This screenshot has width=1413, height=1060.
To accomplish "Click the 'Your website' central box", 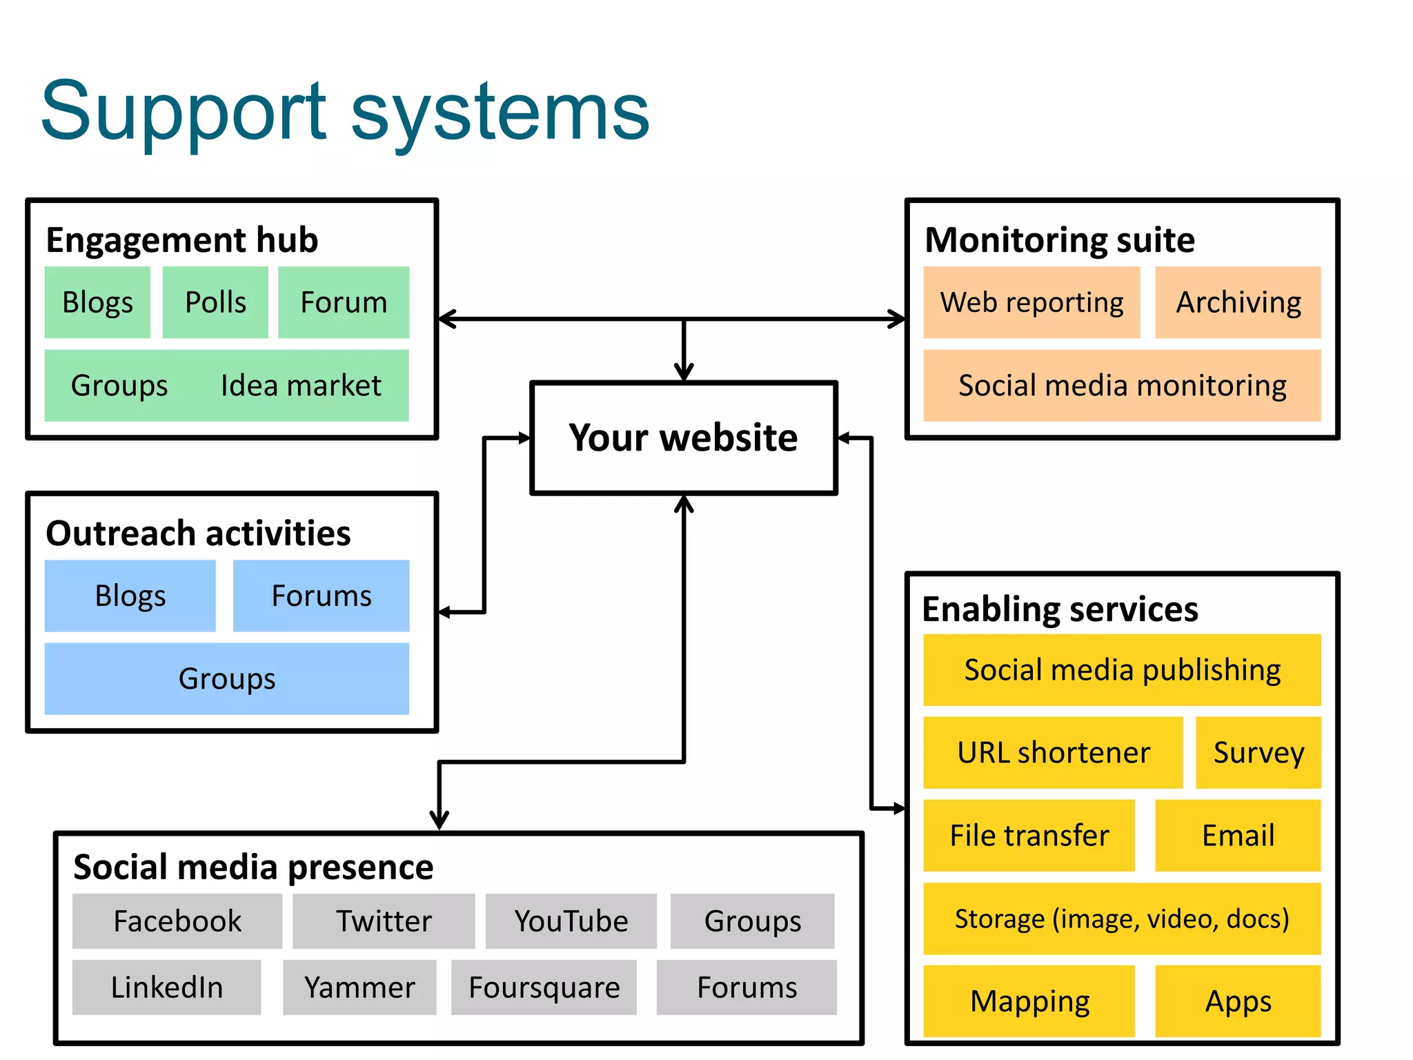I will coord(683,438).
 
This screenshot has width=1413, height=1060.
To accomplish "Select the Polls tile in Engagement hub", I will coord(215,302).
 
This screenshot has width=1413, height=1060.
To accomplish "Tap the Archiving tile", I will coord(1238,302).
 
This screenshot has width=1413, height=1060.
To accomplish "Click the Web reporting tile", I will coord(1031,302).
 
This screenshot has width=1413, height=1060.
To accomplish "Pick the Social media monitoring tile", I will coord(1122,385).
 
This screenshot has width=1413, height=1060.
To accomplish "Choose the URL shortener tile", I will coord(1053,752).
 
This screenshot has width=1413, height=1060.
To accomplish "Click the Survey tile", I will coord(1258,752).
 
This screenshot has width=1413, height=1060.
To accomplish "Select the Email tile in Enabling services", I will coord(1238,835).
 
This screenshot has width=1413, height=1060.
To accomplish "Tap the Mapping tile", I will coord(1029,1001).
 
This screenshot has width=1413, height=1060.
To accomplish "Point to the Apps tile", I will coord(1238,1001).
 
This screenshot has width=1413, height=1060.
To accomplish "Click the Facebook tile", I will coord(177,921).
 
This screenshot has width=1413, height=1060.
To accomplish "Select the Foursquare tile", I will coord(544,988).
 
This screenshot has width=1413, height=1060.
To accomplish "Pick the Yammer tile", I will coord(359,988).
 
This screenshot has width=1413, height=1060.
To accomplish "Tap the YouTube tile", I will coord(571,921).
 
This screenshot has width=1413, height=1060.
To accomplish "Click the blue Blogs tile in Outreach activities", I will coord(130,596).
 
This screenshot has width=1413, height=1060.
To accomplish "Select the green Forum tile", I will coord(344,302).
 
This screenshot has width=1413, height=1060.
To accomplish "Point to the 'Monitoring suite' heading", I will coord(1059,239).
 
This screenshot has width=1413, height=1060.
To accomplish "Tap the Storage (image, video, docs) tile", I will coord(1122,919).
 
